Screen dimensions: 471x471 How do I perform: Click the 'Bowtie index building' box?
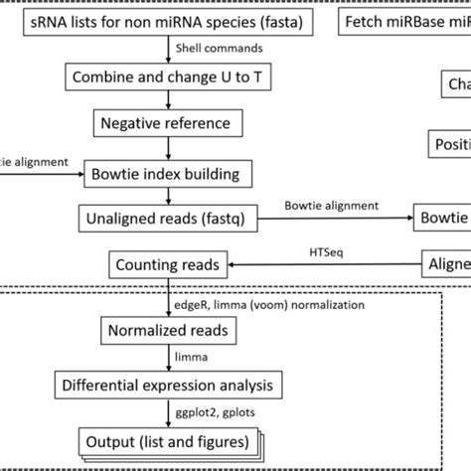click(163, 173)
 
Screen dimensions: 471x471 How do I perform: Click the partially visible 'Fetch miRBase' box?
click(406, 21)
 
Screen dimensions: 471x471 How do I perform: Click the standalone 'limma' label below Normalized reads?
click(185, 356)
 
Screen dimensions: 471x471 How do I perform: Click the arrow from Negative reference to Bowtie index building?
click(162, 147)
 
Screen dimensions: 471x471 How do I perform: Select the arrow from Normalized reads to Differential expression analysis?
click(162, 356)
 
